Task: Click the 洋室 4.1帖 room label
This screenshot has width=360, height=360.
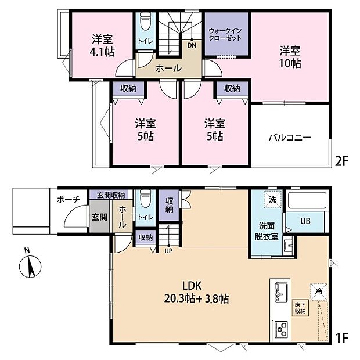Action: click(x=102, y=45)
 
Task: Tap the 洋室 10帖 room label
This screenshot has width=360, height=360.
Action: click(x=289, y=56)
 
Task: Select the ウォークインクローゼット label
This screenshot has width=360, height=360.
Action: click(x=224, y=34)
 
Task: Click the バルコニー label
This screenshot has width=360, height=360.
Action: click(x=289, y=138)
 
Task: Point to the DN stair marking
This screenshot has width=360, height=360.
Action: click(x=191, y=44)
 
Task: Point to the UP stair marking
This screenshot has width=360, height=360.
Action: click(x=168, y=251)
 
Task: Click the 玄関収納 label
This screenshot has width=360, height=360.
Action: click(x=110, y=195)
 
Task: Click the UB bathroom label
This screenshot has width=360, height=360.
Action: click(x=305, y=221)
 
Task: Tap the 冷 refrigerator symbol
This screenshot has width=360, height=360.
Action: click(x=319, y=289)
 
